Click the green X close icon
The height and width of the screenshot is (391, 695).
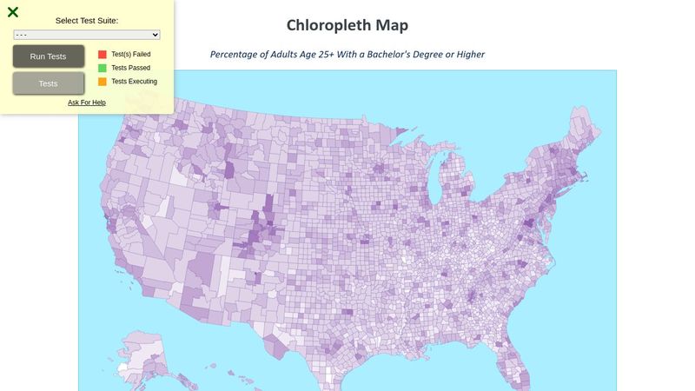coord(13,12)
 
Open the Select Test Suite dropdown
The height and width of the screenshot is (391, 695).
coord(87,35)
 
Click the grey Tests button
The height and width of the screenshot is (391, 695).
coord(49,83)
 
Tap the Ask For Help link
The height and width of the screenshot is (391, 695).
coord(87,103)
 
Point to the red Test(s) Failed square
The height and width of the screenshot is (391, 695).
coord(103,54)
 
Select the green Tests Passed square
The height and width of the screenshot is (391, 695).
coord(103,68)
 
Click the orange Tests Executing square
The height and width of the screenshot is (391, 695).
coord(103,82)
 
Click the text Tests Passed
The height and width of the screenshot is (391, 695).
coord(131,68)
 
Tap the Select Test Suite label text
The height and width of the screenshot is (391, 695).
coord(87,20)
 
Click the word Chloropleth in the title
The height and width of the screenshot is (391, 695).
coord(329,25)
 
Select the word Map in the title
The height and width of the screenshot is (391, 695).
coord(392,25)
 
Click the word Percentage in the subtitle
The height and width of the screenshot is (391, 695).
coord(237,55)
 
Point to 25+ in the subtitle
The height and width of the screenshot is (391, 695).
coord(328,55)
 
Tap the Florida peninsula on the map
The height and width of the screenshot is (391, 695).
coord(519,365)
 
